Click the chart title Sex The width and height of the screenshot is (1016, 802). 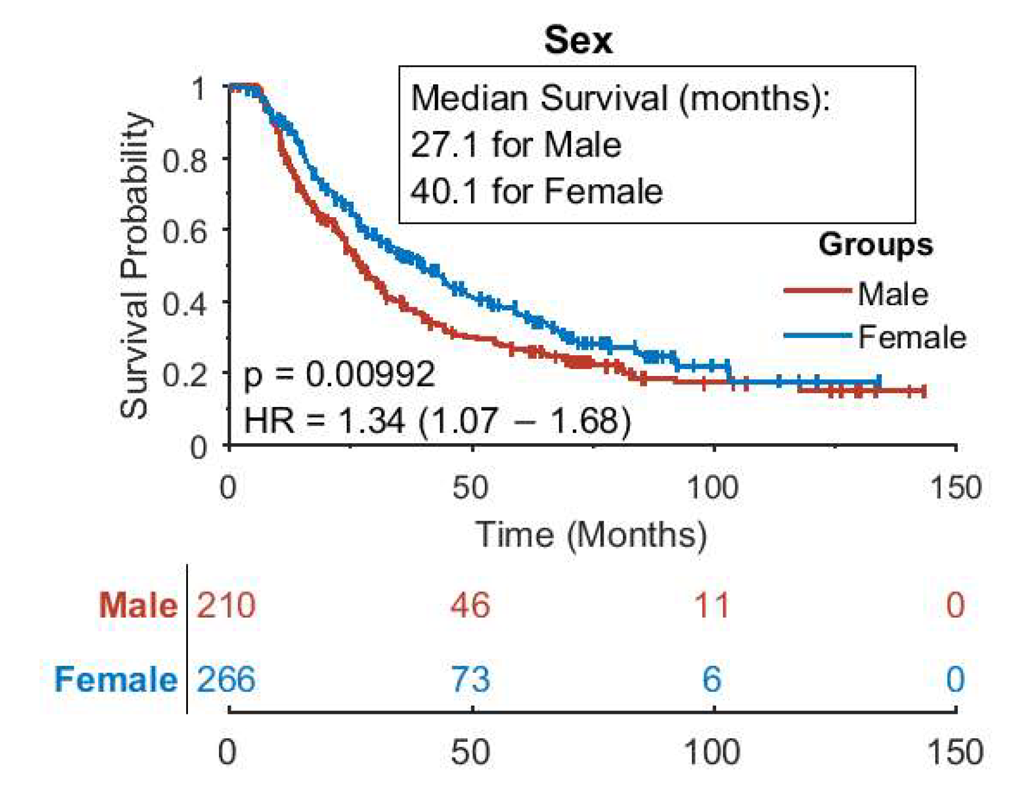coord(578,40)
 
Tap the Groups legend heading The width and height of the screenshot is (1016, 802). coord(876,245)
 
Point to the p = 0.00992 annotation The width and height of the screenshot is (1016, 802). coord(339,375)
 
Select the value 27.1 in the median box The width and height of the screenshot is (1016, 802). coord(444,145)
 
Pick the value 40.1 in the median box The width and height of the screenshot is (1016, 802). coord(444,191)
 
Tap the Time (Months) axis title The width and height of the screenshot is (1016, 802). coord(591,534)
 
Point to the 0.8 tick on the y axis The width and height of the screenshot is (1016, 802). coord(184,159)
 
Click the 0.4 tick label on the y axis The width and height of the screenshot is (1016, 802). coord(184,303)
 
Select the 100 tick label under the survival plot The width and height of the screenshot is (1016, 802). coord(712,487)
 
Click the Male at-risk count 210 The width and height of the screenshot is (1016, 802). coord(226,605)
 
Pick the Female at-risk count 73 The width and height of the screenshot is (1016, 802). coord(471,679)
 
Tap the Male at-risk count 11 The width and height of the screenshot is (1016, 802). coord(711,605)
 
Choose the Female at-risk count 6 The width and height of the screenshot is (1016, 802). coord(712,679)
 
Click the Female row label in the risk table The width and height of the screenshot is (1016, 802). coord(116,679)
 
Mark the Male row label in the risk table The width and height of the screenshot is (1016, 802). coord(138,605)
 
